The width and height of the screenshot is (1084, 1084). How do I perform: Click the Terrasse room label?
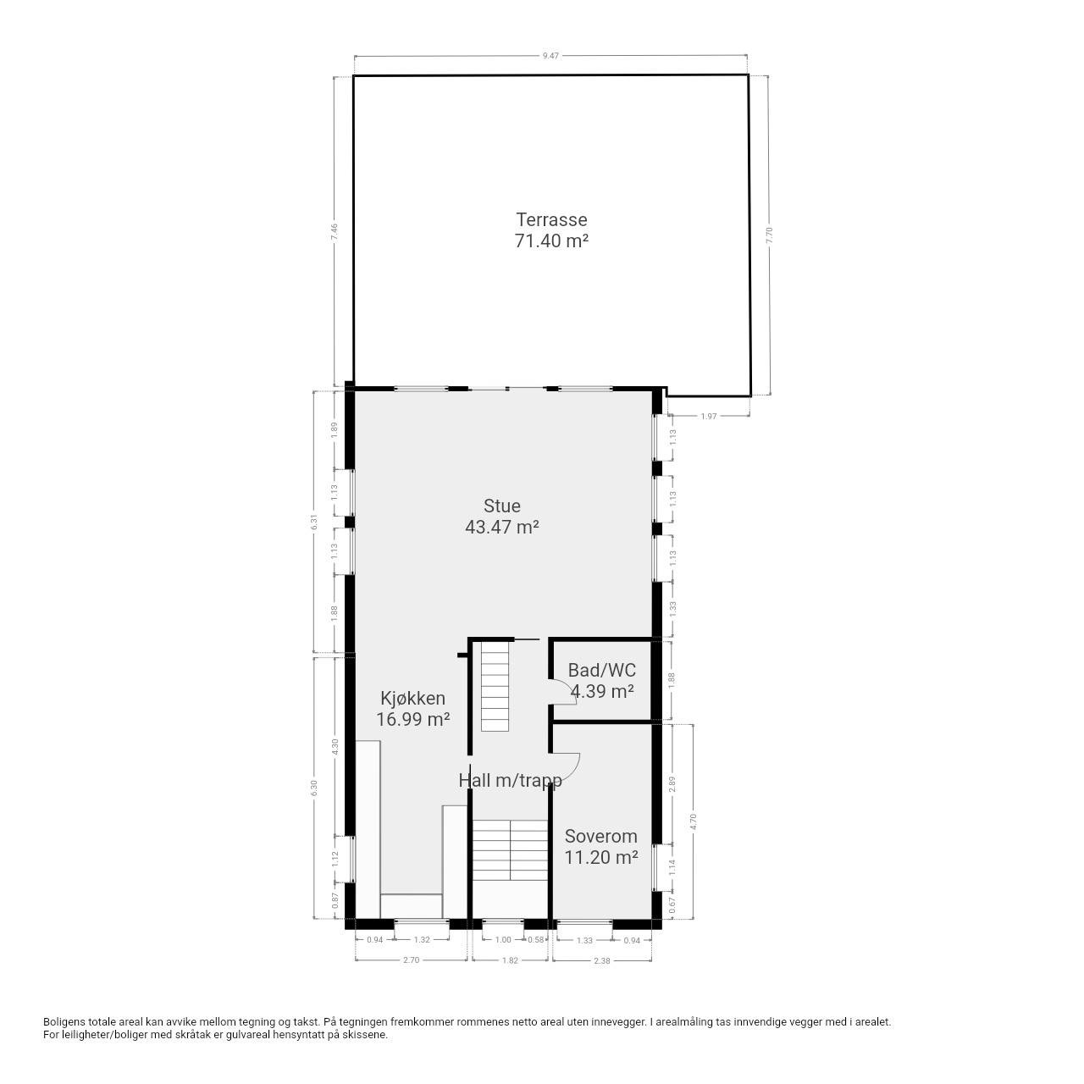pos(551,219)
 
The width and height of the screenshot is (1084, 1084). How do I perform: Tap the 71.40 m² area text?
pos(551,241)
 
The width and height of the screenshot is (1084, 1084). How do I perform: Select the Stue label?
pos(502,506)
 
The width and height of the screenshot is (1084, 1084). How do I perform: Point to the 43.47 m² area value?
pos(502,527)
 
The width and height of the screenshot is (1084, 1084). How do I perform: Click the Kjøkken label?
pos(413,699)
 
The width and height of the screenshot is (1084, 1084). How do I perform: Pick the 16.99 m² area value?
pos(413,720)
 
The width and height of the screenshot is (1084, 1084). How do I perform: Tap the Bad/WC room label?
pos(602,670)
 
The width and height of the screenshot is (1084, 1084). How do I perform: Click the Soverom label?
pos(600,837)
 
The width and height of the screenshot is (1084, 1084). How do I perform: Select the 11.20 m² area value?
pos(600,857)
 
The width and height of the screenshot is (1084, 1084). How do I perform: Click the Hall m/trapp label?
pos(510,780)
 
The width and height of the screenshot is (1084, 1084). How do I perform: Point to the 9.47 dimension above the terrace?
pos(550,56)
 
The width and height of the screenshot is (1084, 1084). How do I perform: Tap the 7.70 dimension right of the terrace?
pos(770,235)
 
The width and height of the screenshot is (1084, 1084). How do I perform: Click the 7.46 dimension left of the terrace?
pos(335,232)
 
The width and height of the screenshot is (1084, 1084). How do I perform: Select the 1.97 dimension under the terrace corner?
pos(709,417)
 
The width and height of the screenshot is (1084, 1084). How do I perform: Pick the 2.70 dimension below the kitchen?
pos(412,960)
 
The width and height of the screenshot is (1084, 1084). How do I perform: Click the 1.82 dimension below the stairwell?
pos(510,960)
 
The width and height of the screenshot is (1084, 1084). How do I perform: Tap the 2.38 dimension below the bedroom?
pos(602,960)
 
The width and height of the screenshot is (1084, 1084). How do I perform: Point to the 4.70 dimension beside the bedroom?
pos(693,821)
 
